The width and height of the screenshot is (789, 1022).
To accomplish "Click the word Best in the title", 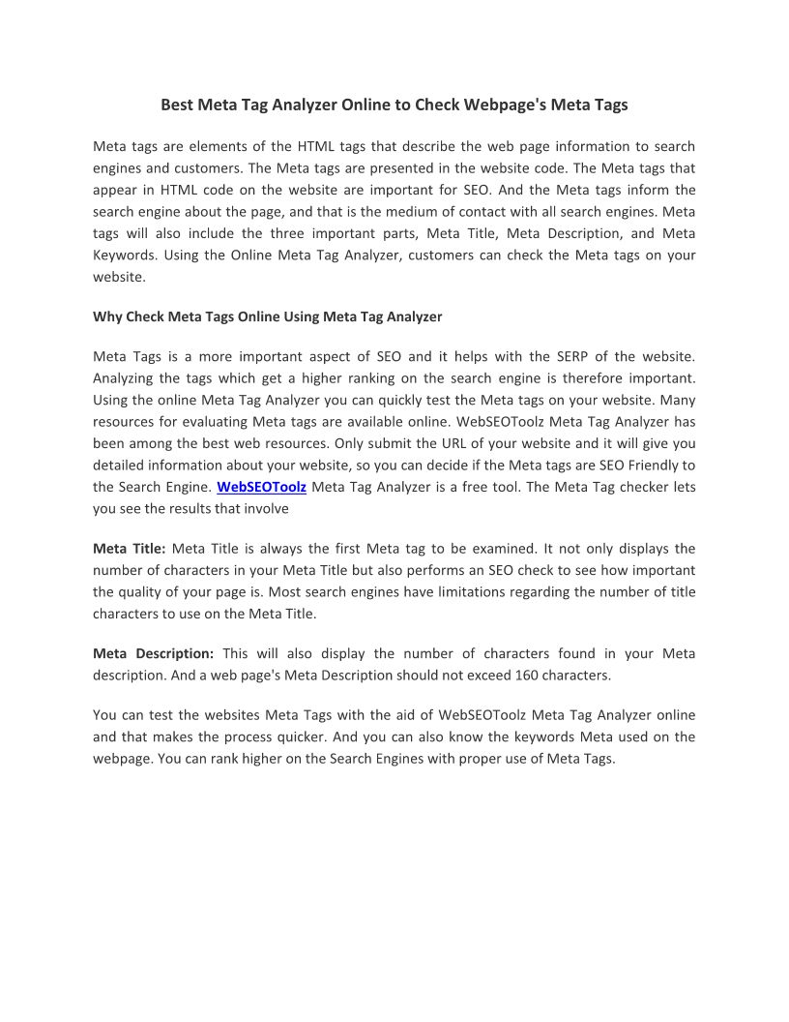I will [177, 105].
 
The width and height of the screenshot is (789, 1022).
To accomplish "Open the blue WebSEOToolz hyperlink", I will [261, 487].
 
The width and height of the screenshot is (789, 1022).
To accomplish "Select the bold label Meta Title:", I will [130, 549].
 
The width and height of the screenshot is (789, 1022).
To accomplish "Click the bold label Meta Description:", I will [153, 653].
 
